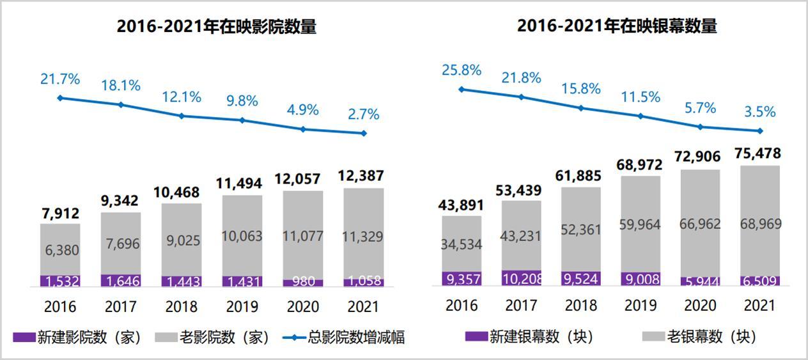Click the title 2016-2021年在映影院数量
[x=216, y=27]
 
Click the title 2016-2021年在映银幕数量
[x=617, y=26]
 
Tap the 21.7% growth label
[x=60, y=80]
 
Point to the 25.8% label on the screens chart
[x=461, y=70]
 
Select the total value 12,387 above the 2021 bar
[x=364, y=176]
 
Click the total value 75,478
[x=759, y=154]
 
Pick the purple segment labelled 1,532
[x=60, y=281]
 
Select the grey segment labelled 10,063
[x=242, y=236]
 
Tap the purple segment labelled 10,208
[x=522, y=278]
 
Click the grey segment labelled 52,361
[x=581, y=230]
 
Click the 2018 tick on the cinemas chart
[x=182, y=306]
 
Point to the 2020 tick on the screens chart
[x=699, y=305]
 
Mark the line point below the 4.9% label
[x=303, y=129]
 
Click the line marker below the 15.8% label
[x=581, y=108]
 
